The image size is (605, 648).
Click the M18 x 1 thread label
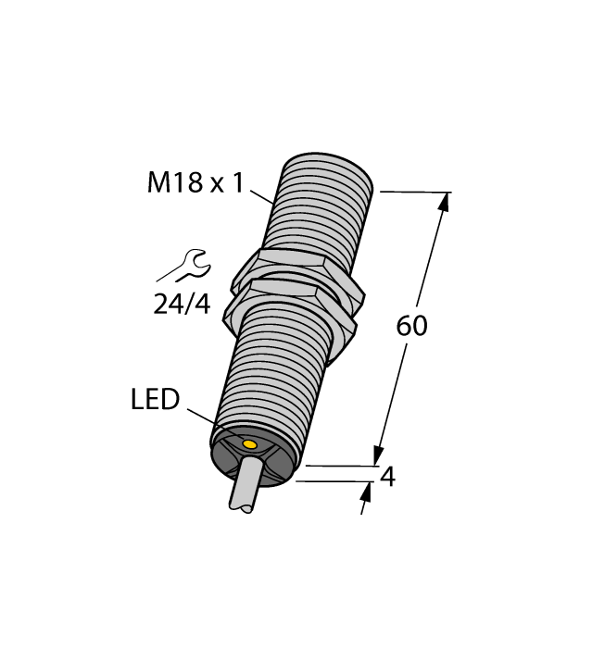[195, 183]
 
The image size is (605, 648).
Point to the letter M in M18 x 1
[159, 183]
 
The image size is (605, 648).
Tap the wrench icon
[185, 267]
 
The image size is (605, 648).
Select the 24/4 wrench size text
[182, 303]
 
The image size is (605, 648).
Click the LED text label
[155, 400]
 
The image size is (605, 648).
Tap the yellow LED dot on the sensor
[249, 446]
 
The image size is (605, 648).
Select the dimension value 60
[411, 326]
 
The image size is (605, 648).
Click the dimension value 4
[388, 477]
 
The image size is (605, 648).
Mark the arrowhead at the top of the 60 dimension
[444, 202]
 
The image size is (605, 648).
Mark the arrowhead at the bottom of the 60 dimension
[378, 455]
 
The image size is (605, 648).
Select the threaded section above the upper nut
[320, 204]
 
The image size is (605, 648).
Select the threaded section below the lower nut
[269, 380]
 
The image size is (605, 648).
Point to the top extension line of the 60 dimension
[412, 193]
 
